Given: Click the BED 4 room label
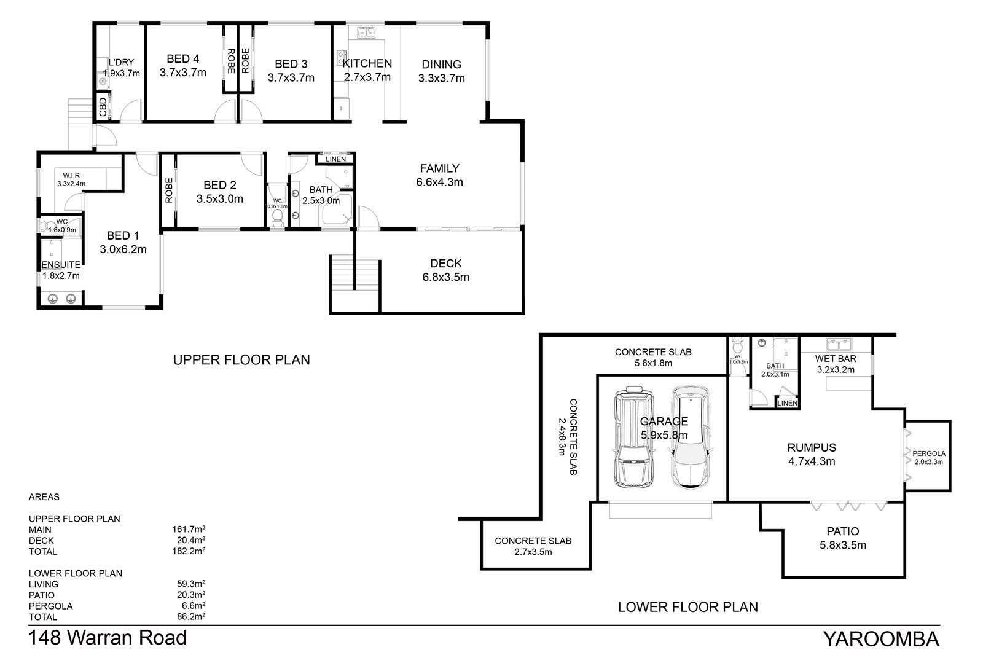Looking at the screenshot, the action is (x=183, y=59).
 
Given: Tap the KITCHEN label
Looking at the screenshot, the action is (x=367, y=64).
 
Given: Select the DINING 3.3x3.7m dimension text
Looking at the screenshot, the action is (x=442, y=78).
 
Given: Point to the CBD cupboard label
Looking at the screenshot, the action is (x=103, y=107).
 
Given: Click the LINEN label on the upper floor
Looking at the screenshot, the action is (x=335, y=159).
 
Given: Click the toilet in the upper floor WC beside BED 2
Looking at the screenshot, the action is (x=277, y=218).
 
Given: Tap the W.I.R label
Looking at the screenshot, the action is (x=71, y=176).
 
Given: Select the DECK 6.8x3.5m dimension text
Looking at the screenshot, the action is (x=446, y=278).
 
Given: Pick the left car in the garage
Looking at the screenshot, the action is (x=633, y=437).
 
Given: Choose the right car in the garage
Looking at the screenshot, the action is (x=691, y=437).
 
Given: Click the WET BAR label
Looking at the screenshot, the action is (x=836, y=359).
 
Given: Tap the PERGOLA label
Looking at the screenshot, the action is (x=929, y=453).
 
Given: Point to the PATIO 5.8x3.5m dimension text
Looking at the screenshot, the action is (x=843, y=545).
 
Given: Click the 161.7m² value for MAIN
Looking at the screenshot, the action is (x=189, y=530).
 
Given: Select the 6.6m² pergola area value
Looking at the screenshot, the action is (x=194, y=606).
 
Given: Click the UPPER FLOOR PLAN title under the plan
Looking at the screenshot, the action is (x=241, y=360).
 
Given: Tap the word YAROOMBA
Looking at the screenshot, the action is (x=881, y=639).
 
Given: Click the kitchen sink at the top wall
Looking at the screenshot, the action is (x=366, y=33).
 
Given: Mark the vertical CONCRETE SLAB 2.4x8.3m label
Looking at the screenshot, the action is (x=568, y=437).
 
